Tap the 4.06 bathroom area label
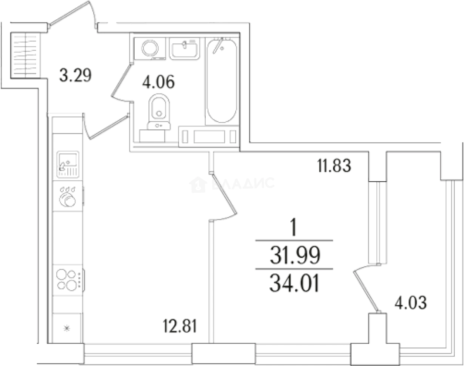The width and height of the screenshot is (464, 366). tap(158, 82)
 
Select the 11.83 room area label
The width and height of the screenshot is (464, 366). tap(334, 165)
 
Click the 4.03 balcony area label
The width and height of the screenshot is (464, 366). tap(410, 302)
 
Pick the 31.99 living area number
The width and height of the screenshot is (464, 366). tap(295, 255)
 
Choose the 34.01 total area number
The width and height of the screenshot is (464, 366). tap(295, 284)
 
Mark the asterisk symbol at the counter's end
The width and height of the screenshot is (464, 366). tap(67, 328)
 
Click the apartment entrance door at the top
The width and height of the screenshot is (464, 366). tap(74, 15)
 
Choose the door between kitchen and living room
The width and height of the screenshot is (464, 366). tap(224, 198)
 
